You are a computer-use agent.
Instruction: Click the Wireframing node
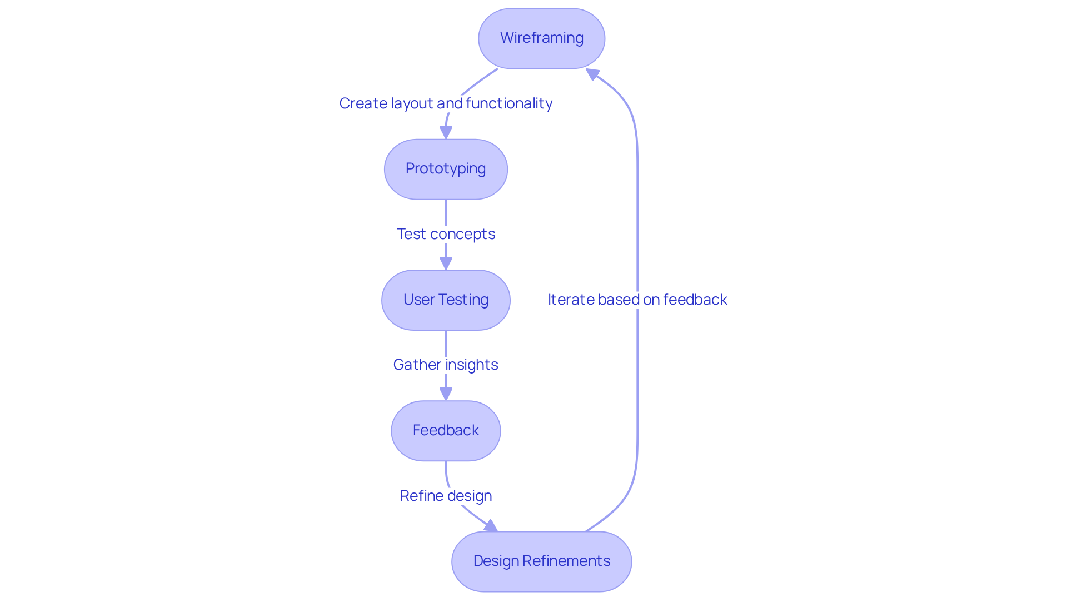pyautogui.click(x=541, y=38)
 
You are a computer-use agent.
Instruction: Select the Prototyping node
pyautogui.click(x=446, y=169)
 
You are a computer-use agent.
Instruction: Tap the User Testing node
pyautogui.click(x=446, y=300)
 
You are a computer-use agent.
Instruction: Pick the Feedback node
pyautogui.click(x=446, y=431)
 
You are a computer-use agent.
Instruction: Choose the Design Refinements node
pyautogui.click(x=541, y=561)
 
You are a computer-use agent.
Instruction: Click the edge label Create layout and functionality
pyautogui.click(x=446, y=103)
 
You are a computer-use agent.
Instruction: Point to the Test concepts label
pyautogui.click(x=446, y=234)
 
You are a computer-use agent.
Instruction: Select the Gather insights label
pyautogui.click(x=446, y=365)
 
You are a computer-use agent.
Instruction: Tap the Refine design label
pyautogui.click(x=446, y=496)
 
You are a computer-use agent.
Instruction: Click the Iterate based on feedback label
pyautogui.click(x=637, y=300)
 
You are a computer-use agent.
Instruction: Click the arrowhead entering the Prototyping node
pyautogui.click(x=446, y=133)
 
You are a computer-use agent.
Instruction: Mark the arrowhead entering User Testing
pyautogui.click(x=446, y=263)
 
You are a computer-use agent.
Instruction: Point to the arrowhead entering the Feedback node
pyautogui.click(x=446, y=394)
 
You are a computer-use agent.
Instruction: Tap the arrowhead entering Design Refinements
pyautogui.click(x=491, y=526)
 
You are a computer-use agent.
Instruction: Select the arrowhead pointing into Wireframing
pyautogui.click(x=592, y=74)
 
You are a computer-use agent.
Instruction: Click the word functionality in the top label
pyautogui.click(x=509, y=103)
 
